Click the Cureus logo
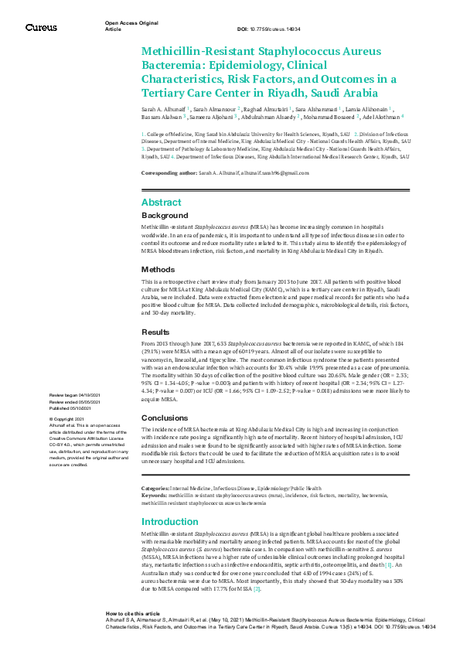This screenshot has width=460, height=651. [41, 27]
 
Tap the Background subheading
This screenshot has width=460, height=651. [164, 215]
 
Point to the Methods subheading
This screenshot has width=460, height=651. [158, 269]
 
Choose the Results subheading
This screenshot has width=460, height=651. [155, 331]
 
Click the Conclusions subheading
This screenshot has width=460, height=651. [165, 418]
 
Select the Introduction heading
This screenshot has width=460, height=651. [170, 521]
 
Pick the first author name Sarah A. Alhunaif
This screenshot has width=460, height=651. [163, 111]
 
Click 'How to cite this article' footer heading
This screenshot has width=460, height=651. [133, 612]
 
